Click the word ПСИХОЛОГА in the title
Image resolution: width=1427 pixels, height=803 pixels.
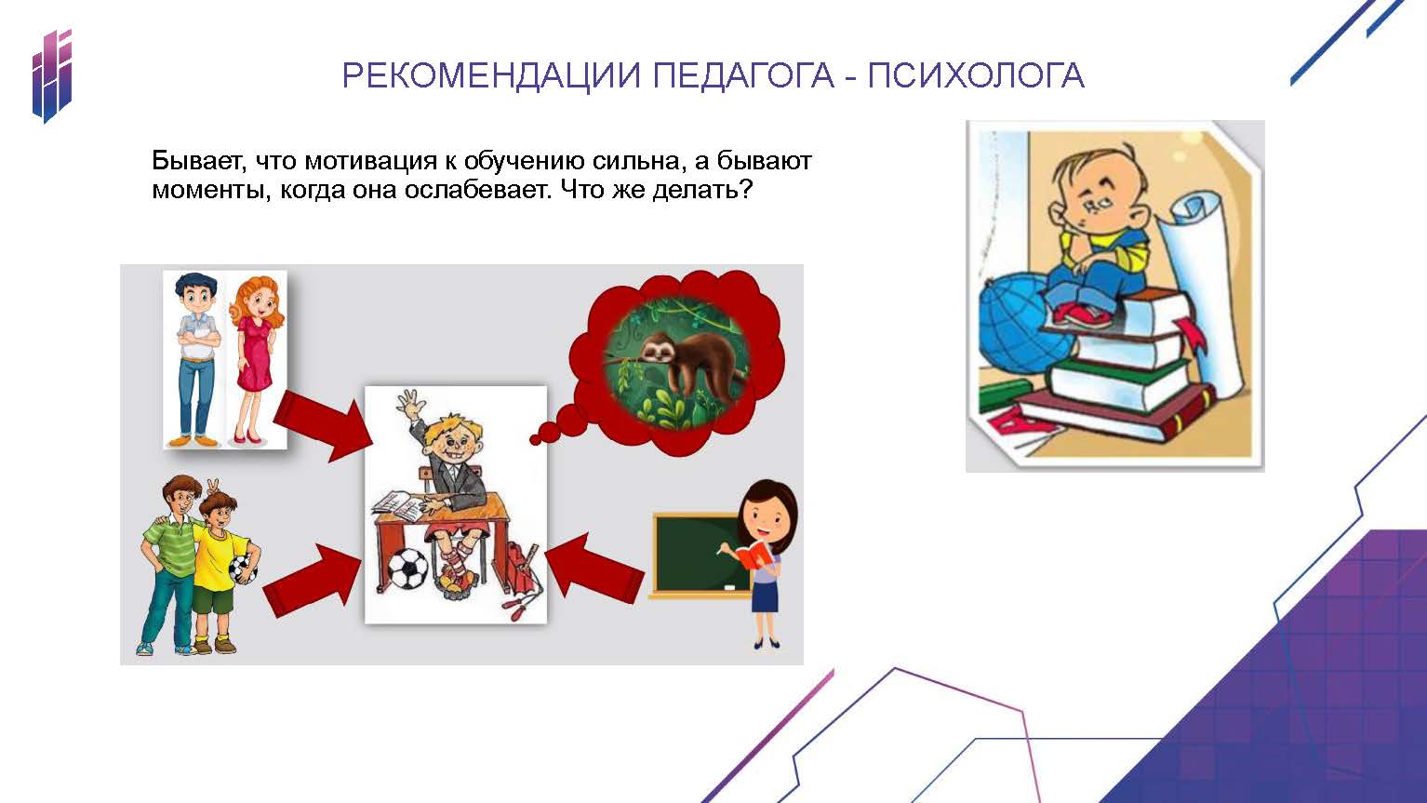tap(976, 75)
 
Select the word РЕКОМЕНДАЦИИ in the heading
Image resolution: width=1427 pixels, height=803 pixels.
tap(491, 76)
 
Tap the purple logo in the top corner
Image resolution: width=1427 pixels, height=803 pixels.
tap(52, 76)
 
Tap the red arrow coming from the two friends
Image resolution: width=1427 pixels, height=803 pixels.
tap(313, 579)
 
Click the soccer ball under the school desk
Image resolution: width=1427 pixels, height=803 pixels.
tap(407, 569)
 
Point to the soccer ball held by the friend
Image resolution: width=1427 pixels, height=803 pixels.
tap(243, 569)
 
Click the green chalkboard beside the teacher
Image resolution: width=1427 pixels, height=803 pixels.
tap(700, 555)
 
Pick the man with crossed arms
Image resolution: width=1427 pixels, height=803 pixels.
tap(196, 360)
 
